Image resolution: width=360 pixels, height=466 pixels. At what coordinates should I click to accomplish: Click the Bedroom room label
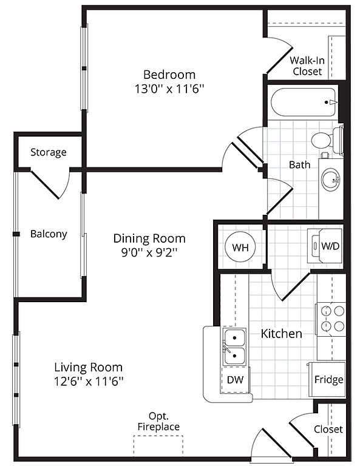(169, 75)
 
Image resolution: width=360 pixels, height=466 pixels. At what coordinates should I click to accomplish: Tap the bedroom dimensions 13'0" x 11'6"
(169, 89)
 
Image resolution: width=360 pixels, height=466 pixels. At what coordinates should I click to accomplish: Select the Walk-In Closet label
(307, 66)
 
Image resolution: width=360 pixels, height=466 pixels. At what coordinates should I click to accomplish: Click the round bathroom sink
(330, 180)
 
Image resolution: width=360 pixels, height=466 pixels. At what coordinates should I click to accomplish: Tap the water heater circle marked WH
(240, 247)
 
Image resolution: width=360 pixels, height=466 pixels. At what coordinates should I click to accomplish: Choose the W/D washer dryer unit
(325, 246)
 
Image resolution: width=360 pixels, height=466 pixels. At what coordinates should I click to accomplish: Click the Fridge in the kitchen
(327, 379)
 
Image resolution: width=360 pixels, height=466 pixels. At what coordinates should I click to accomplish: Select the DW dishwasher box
(235, 379)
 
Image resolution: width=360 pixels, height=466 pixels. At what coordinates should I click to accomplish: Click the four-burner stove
(331, 319)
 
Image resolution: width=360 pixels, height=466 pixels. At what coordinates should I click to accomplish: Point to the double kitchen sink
(234, 346)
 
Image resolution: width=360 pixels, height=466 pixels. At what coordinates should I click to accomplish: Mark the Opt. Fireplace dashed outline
(158, 445)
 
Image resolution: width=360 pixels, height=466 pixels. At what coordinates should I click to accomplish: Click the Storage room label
(49, 152)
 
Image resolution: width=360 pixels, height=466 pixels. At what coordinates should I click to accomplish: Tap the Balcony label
(49, 234)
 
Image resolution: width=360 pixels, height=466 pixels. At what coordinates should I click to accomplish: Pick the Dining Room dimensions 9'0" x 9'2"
(149, 253)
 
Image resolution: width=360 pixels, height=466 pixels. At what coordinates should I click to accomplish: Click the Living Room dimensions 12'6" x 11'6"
(89, 381)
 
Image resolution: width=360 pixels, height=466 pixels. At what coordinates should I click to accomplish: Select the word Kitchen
(281, 334)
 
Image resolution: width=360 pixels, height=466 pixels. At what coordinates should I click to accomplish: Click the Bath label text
(300, 164)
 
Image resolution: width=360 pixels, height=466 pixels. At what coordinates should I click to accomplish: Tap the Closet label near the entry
(328, 429)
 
